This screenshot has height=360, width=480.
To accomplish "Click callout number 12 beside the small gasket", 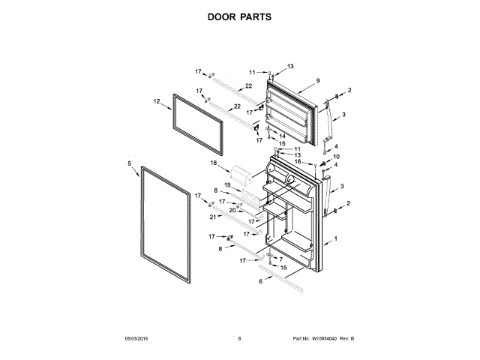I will click(x=157, y=101).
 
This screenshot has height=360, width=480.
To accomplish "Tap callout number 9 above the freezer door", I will click(x=318, y=81).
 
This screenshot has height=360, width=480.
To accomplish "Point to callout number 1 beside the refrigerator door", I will click(x=337, y=238).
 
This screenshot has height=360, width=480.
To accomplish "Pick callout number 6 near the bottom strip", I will click(x=260, y=282).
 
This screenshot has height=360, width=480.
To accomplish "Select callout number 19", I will click(x=226, y=185).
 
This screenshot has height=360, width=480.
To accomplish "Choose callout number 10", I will click(x=337, y=157).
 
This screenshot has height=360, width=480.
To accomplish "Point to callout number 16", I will click(x=297, y=161).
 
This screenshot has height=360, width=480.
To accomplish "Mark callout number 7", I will click(x=281, y=259).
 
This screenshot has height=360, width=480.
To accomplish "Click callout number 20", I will click(x=232, y=211).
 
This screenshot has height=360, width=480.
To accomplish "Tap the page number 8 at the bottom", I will click(x=239, y=339).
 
